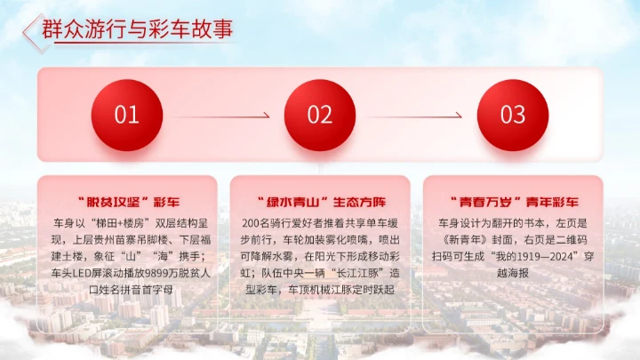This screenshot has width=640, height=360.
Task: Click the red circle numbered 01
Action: coord(127,115)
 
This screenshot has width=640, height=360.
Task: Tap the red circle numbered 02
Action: coord(320,115)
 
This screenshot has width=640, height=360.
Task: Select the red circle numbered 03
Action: coord(513,115)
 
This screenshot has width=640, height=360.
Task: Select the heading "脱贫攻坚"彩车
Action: coord(127,202)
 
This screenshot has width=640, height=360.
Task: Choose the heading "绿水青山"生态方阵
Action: coord(320,202)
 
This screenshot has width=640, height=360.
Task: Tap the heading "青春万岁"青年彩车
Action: coord(513,202)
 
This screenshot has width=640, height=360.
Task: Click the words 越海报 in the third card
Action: coord(513,273)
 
